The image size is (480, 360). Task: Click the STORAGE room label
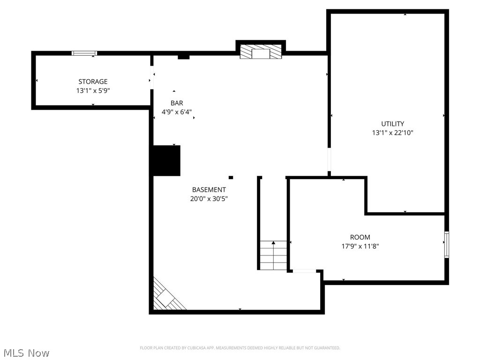click(93, 82)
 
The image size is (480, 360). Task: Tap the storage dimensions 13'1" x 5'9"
click(93, 90)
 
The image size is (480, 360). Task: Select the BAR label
click(177, 103)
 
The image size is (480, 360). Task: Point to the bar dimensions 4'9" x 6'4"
click(177, 112)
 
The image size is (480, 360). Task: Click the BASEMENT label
click(209, 190)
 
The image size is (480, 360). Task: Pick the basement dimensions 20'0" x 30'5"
click(209, 199)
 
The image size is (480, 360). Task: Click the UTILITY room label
click(392, 124)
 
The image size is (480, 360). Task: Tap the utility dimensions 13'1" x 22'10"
click(392, 133)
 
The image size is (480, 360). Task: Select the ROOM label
click(360, 237)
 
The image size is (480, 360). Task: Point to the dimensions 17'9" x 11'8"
click(360, 246)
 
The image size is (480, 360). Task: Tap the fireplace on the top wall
click(261, 52)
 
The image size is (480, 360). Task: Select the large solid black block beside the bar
click(167, 160)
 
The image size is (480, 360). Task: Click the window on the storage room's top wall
click(84, 53)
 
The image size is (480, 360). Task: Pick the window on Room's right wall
click(447, 244)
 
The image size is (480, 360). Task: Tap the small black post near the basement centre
click(231, 177)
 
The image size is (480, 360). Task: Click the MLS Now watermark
click(26, 352)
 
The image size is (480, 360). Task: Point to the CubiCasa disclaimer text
click(240, 348)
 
